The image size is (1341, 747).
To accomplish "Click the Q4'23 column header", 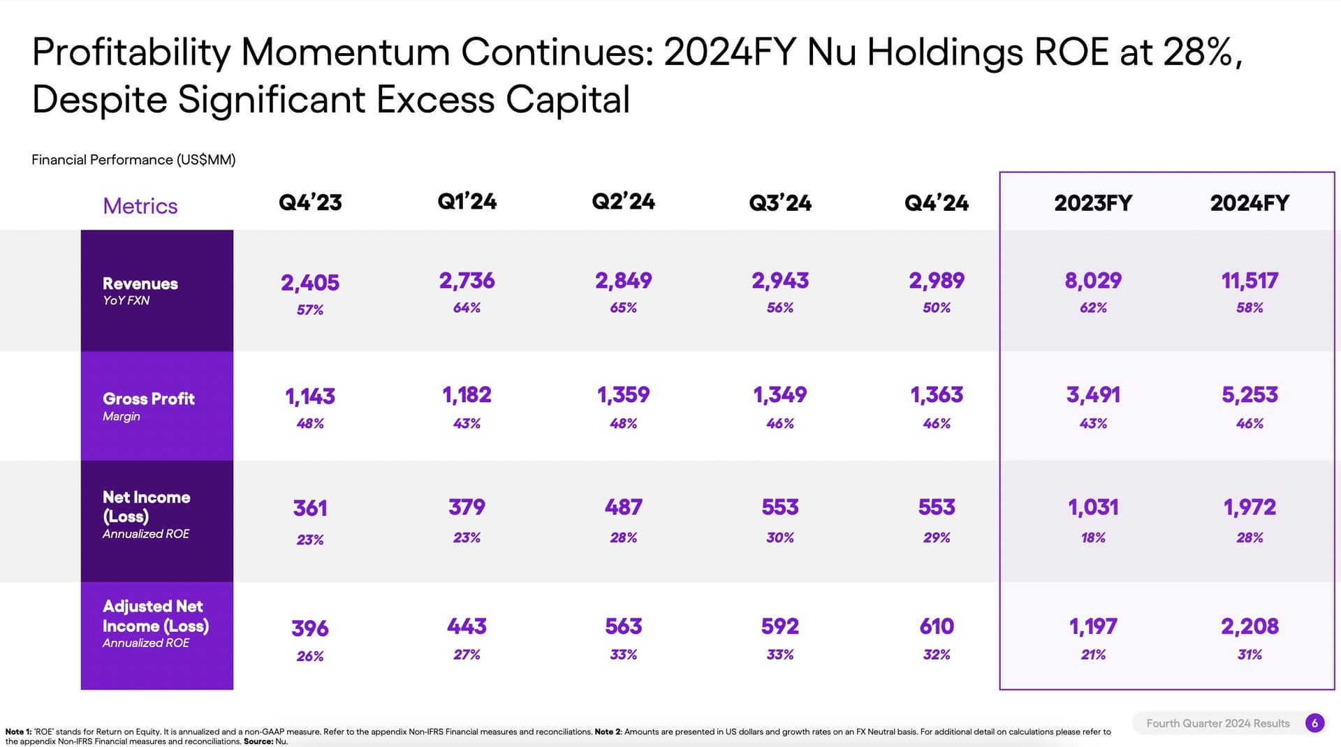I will (310, 202).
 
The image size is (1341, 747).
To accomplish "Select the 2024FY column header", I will (1250, 203).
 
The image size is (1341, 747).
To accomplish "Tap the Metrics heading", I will (140, 206).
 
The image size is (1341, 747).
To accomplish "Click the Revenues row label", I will (140, 283).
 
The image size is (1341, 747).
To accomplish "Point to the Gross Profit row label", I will (148, 399).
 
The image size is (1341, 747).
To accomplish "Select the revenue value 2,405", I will (310, 283).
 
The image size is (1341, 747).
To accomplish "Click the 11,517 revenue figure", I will (1250, 281).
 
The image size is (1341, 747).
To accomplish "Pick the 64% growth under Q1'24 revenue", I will (467, 308).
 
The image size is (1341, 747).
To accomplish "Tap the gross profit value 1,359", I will (623, 395).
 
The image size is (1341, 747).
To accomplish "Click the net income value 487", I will (623, 508).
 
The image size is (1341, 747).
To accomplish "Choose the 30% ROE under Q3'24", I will (779, 538).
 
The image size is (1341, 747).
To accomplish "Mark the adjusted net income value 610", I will (937, 626).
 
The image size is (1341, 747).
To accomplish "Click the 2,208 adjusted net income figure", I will (1250, 626).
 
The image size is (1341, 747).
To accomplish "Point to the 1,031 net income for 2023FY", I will (1093, 508).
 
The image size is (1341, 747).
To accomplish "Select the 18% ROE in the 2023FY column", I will (1093, 538).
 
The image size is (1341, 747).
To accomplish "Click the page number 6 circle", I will (1314, 723).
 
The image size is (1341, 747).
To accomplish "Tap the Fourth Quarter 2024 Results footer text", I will (1217, 723).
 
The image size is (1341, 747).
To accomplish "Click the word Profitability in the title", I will (131, 53).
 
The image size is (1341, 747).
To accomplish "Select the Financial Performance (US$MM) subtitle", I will (133, 160).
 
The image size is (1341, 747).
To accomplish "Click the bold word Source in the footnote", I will (258, 741).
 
